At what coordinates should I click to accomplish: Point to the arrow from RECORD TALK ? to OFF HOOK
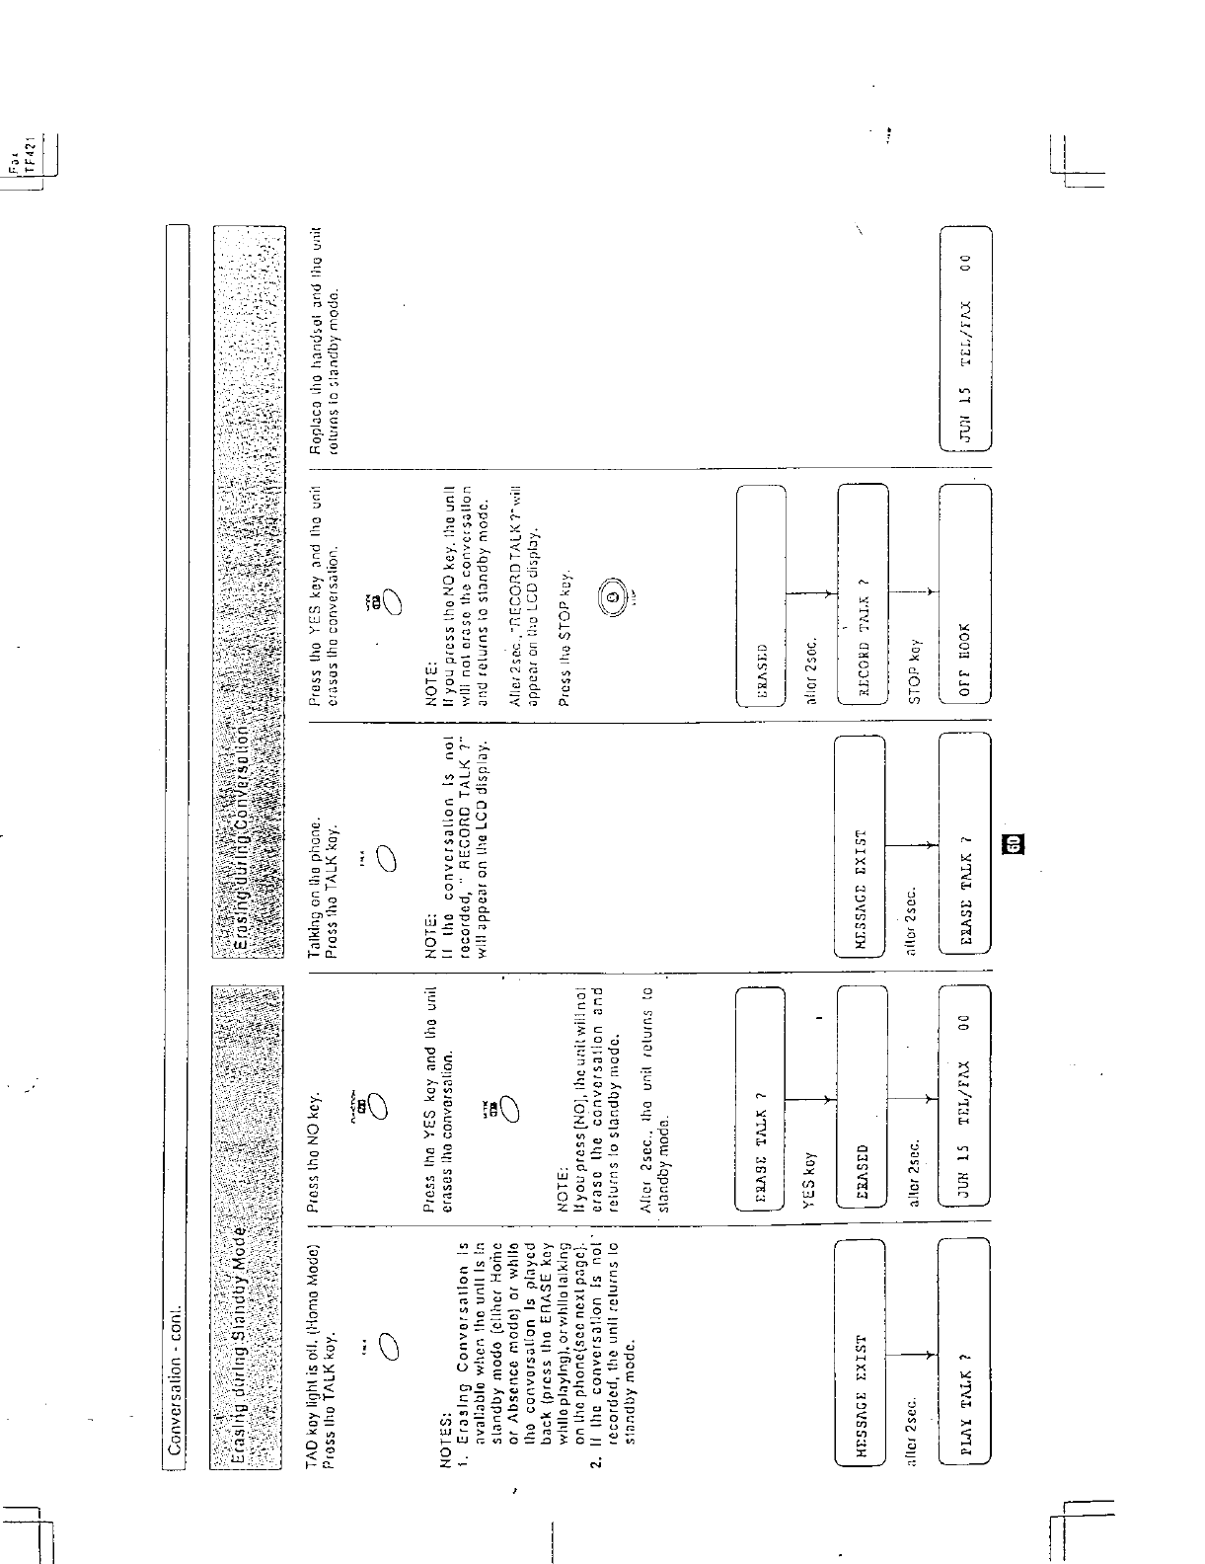913,593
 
